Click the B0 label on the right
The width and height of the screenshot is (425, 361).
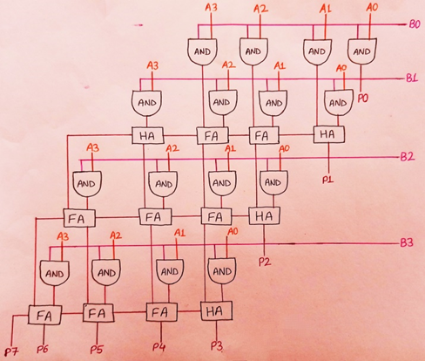point(413,26)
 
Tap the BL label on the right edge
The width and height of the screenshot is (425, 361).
point(411,78)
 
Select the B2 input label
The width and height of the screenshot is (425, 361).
point(407,157)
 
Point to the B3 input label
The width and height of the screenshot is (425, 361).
point(406,242)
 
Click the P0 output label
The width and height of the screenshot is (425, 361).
point(363,99)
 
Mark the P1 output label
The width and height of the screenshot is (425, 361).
point(328,178)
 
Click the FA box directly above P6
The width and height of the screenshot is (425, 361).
point(42,310)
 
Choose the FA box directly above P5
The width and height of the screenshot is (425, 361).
point(97,310)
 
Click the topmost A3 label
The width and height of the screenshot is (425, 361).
point(212,9)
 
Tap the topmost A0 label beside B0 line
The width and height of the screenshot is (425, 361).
point(372,8)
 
